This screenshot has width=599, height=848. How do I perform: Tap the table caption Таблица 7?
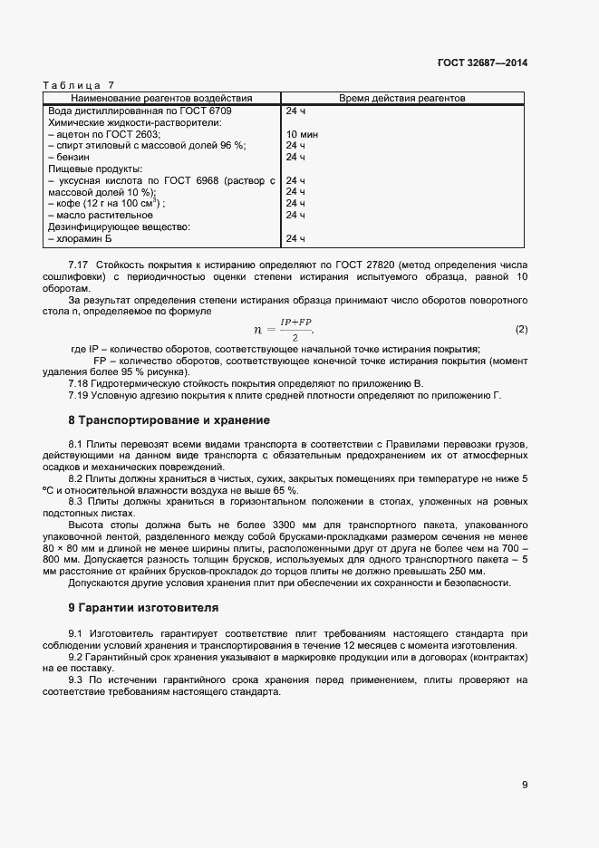tap(72, 84)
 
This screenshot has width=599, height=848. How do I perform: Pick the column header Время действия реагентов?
tap(402, 97)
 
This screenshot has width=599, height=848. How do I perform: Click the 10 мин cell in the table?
tap(302, 133)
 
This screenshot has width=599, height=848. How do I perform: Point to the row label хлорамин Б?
tap(82, 239)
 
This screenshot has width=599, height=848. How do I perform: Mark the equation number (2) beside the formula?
tap(521, 328)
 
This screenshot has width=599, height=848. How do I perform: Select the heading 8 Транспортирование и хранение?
tap(168, 420)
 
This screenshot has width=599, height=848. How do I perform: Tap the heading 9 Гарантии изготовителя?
tap(143, 606)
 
